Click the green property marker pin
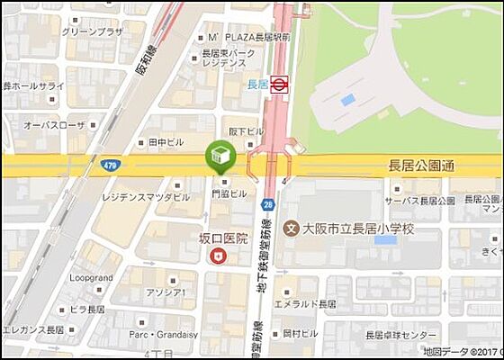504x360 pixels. pyautogui.click(x=219, y=157)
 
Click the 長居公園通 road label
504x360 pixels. pyautogui.click(x=421, y=166)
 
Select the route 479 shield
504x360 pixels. pyautogui.click(x=110, y=166)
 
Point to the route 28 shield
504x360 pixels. pyautogui.click(x=268, y=204)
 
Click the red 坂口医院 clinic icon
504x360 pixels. pyautogui.click(x=217, y=256)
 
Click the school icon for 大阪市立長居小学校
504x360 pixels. pyautogui.click(x=291, y=229)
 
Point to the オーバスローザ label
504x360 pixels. pyautogui.click(x=55, y=125)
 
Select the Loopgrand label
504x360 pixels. pyautogui.click(x=91, y=278)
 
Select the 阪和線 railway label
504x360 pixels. pyautogui.click(x=147, y=62)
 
